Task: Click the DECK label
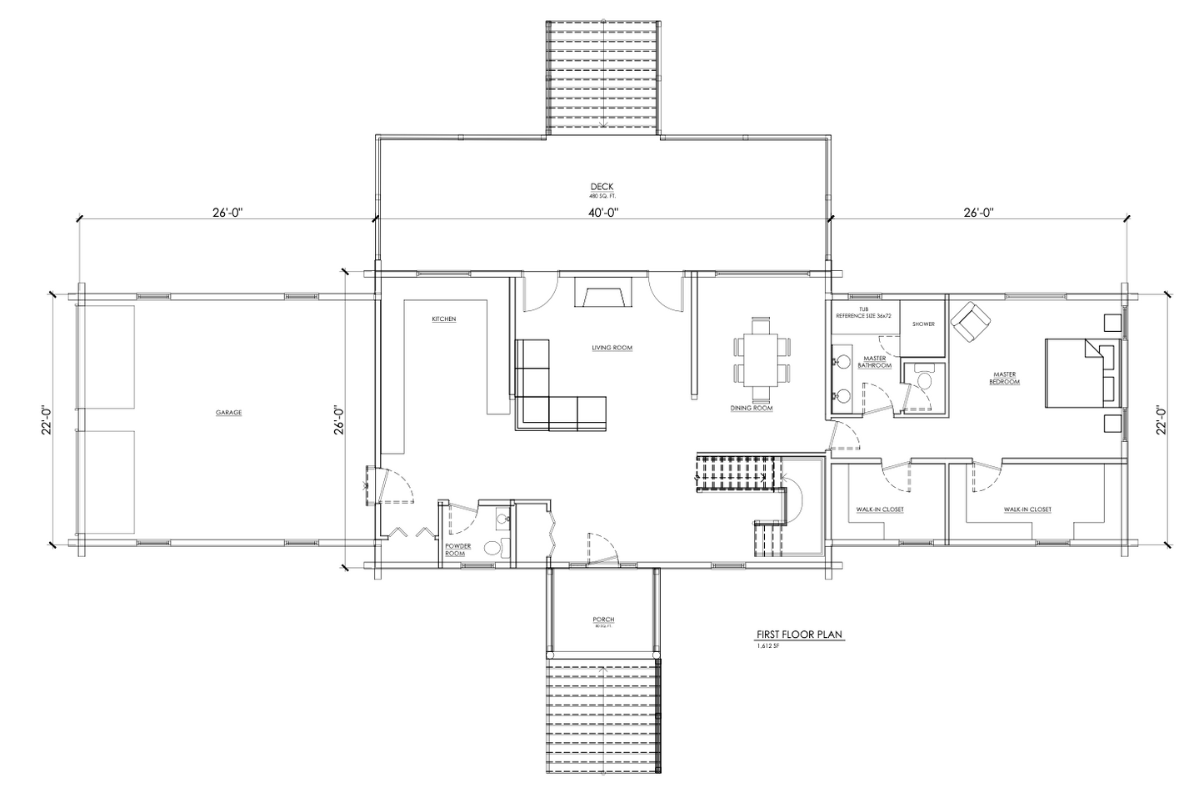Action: [602, 187]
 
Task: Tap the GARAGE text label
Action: [228, 412]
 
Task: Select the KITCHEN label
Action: [443, 319]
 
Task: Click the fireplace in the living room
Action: [602, 297]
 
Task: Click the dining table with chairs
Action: [762, 358]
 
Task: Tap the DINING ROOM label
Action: [752, 409]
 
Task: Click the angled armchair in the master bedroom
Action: [971, 321]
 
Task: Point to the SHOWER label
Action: [923, 324]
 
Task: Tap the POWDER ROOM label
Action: [457, 550]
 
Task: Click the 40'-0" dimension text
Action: [602, 213]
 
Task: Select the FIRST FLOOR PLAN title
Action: [800, 635]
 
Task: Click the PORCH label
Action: [603, 620]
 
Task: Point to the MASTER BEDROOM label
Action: [1004, 378]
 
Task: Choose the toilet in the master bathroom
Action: [923, 380]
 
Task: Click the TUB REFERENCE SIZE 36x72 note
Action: [863, 313]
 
